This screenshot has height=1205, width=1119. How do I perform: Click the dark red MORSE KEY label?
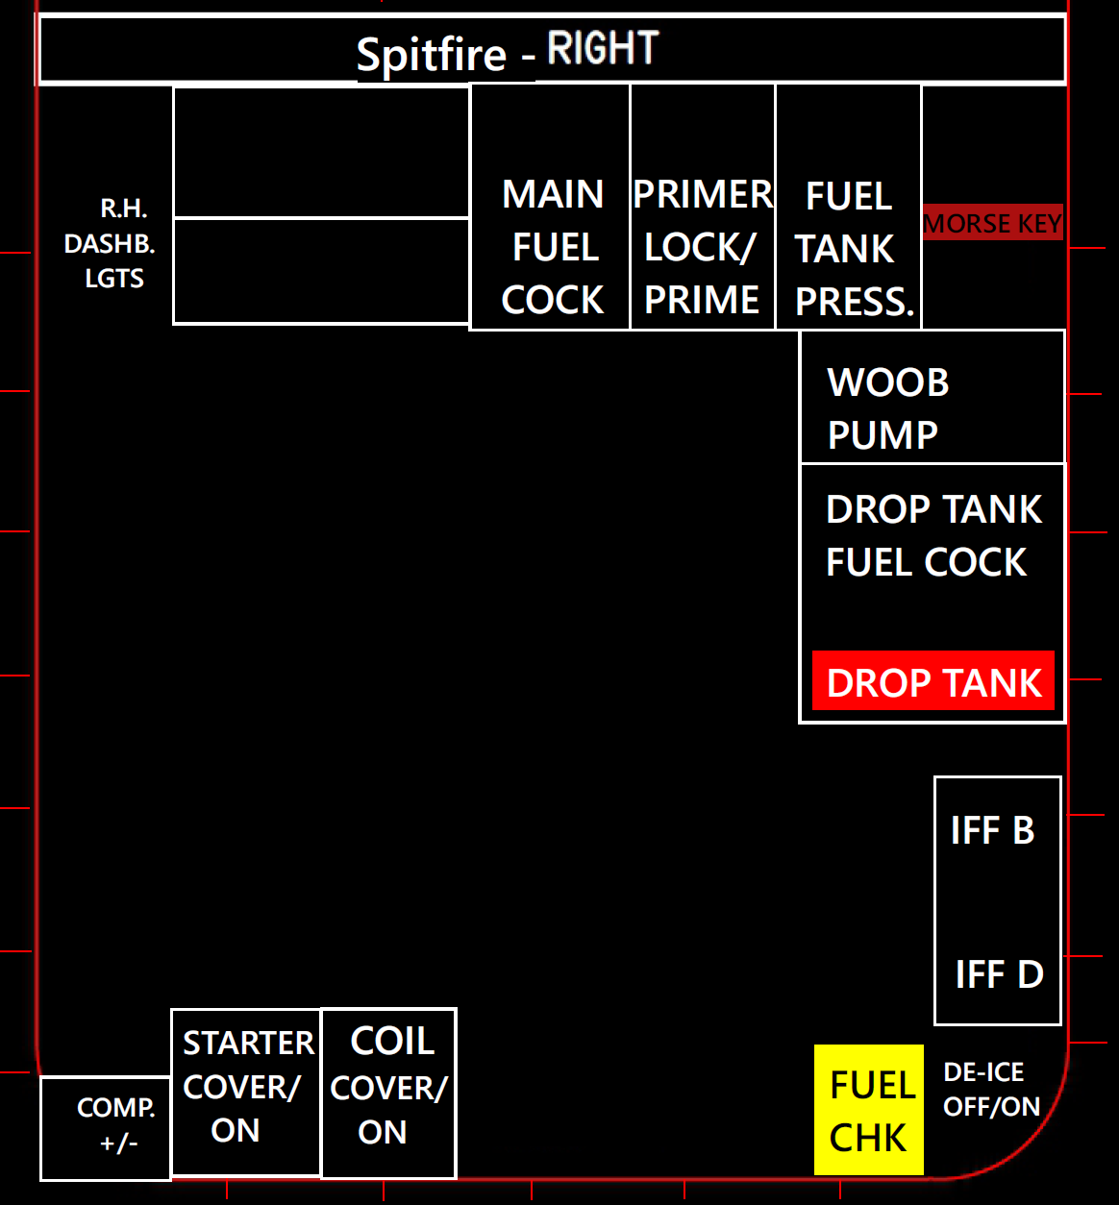(993, 223)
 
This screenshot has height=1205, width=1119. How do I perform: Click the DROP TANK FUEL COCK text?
(933, 536)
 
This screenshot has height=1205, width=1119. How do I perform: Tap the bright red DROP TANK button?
(933, 682)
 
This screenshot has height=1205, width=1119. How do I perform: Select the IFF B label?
(993, 830)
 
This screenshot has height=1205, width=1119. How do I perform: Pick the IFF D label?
(999, 974)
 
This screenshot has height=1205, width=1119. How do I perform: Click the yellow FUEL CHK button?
(869, 1110)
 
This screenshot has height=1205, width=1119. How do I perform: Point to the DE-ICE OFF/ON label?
(991, 1090)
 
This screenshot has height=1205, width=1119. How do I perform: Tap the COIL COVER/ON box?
(388, 1093)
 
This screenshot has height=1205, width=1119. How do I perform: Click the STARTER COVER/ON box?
(246, 1092)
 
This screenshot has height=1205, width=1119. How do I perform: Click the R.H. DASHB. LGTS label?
(111, 244)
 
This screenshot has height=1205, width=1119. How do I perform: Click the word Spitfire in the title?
(431, 55)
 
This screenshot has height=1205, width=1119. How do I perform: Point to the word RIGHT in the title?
(603, 48)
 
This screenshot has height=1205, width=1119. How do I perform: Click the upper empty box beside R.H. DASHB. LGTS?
(321, 153)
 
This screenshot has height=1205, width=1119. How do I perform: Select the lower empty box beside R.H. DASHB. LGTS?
(321, 271)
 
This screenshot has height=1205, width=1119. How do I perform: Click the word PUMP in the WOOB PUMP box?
(883, 435)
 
